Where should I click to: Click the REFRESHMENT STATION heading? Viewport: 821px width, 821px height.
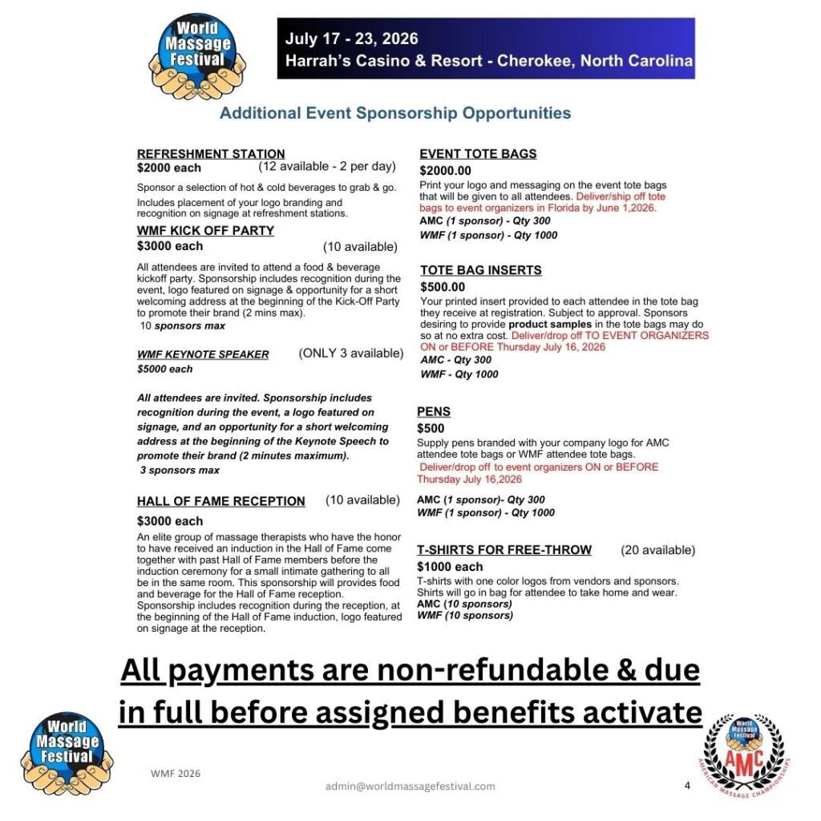tap(211, 154)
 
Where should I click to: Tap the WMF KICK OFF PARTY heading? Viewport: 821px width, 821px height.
tap(205, 231)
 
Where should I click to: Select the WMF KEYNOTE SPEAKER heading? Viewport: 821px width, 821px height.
tap(203, 354)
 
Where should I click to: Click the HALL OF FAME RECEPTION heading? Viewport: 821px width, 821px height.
tap(220, 502)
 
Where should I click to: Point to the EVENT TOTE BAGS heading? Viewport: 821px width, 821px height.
tap(478, 154)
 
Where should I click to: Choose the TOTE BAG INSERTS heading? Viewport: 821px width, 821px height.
tap(480, 270)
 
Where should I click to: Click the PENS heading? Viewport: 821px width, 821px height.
tap(434, 411)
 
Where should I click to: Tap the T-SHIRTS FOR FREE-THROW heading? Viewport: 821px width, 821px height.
tap(504, 550)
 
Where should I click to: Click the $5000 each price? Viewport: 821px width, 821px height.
tap(165, 370)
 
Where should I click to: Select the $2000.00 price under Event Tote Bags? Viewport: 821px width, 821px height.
tap(446, 171)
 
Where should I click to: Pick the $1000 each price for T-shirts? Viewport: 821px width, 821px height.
tap(450, 567)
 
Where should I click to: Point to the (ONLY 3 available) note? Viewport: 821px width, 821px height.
tap(351, 353)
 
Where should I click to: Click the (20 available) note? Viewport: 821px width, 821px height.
tap(658, 550)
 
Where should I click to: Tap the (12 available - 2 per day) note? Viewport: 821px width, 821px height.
tap(327, 167)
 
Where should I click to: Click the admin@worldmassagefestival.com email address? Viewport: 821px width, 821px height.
tap(410, 787)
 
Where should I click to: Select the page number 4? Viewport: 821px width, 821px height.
tap(687, 786)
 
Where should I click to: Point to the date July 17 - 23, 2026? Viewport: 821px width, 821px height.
tap(352, 39)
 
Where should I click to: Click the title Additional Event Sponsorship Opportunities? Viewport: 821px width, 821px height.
tap(395, 113)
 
